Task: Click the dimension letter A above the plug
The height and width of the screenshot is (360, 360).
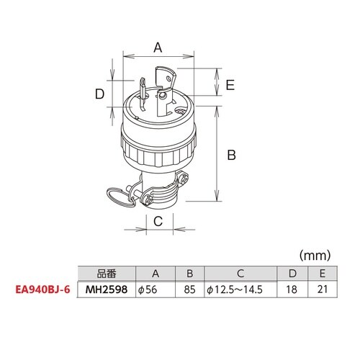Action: pyautogui.click(x=158, y=48)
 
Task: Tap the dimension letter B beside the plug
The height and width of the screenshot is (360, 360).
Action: pyautogui.click(x=231, y=155)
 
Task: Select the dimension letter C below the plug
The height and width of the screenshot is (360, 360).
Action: pyautogui.click(x=158, y=221)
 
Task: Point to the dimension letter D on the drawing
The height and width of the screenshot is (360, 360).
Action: pyautogui.click(x=99, y=94)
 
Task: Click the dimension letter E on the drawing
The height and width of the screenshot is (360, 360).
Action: pyautogui.click(x=230, y=85)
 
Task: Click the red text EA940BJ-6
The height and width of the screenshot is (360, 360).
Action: pyautogui.click(x=42, y=289)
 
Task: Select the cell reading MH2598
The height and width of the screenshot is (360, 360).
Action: pyautogui.click(x=107, y=289)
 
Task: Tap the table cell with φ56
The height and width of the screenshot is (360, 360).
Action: pyautogui.click(x=156, y=289)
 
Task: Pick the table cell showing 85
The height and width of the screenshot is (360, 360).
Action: pyautogui.click(x=190, y=289)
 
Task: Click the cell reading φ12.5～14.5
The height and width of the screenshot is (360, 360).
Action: pyautogui.click(x=240, y=289)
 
